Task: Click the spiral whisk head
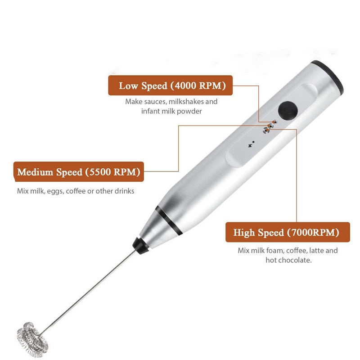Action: click(32, 340)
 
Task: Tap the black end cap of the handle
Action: click(329, 75)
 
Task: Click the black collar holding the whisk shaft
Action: click(140, 246)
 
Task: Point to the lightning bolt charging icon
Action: click(250, 145)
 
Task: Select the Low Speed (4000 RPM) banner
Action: click(171, 85)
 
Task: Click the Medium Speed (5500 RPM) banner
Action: click(79, 171)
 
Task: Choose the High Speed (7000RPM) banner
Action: click(288, 232)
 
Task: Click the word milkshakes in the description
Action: click(186, 102)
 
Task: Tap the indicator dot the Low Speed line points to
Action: click(274, 122)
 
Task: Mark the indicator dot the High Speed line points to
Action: click(267, 130)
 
